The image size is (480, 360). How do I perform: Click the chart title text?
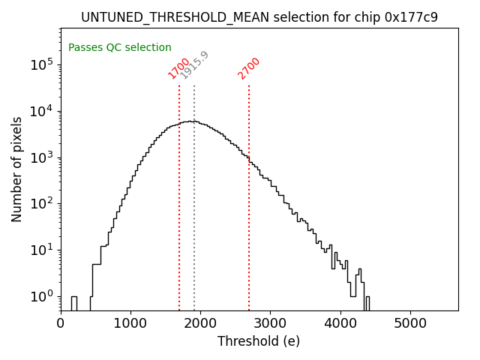point(259,17)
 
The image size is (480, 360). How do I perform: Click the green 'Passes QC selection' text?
point(120,48)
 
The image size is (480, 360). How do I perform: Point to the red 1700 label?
point(178,68)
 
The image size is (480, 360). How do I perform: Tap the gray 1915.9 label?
point(194,65)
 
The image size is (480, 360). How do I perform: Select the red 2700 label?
point(248,68)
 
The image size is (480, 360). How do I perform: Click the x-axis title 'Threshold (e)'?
point(259,341)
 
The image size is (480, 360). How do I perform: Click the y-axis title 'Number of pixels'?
point(17,169)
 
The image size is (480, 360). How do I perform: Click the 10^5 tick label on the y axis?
point(41,65)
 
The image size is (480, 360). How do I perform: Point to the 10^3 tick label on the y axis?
point(41,157)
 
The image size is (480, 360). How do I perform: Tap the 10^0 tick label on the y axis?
point(41,296)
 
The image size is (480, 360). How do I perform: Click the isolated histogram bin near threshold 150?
point(73,302)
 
